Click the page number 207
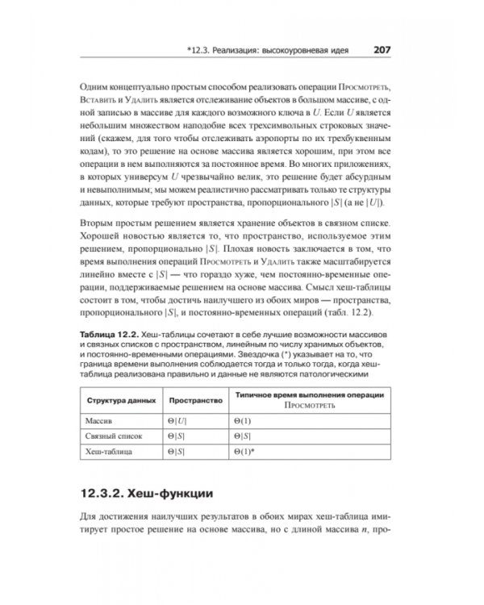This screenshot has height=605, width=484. click(x=382, y=50)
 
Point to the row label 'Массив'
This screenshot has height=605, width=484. click(x=101, y=421)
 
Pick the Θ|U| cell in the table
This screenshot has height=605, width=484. click(x=176, y=421)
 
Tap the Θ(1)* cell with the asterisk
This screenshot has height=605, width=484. click(x=243, y=452)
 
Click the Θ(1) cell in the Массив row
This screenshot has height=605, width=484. click(x=241, y=421)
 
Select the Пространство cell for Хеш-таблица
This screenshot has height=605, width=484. click(x=175, y=452)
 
